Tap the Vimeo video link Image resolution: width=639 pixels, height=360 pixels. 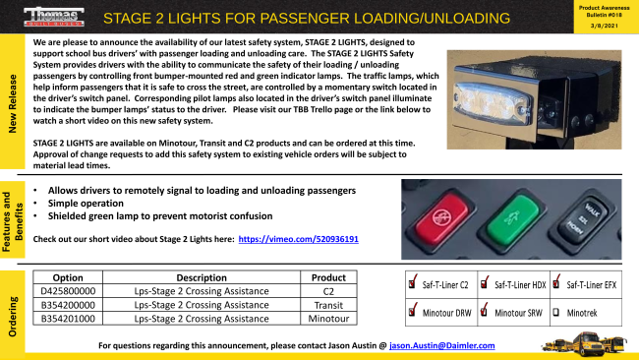point(298,239)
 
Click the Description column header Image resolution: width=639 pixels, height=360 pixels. point(201,277)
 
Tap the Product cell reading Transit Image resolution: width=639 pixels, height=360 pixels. point(328,305)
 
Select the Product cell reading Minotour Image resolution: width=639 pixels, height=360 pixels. point(328,319)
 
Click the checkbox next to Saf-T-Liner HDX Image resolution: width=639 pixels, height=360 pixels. point(485,284)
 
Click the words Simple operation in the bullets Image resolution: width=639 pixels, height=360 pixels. point(91,201)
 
